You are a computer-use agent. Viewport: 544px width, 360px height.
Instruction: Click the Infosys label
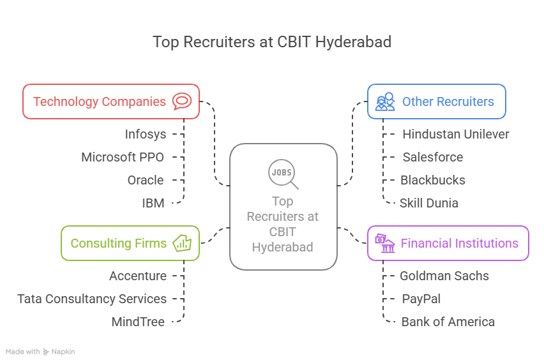[146, 134]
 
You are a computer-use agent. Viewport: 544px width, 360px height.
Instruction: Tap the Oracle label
[146, 180]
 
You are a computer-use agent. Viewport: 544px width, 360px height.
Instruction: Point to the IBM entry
[153, 203]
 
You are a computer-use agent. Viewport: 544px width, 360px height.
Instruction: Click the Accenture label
[138, 276]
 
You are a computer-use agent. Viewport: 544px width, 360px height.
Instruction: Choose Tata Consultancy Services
[92, 299]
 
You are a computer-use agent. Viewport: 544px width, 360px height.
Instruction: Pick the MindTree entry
[138, 322]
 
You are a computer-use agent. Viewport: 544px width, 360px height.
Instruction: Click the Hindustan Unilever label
[456, 134]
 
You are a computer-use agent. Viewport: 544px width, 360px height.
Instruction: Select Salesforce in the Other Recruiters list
[433, 157]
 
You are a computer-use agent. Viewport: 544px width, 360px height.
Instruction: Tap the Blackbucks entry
[433, 180]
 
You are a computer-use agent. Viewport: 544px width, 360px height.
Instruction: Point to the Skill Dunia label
[429, 203]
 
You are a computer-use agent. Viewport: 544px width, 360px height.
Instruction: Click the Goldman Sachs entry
[444, 276]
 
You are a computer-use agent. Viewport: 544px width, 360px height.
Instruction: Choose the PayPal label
[421, 299]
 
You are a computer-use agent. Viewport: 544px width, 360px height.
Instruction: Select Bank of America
[448, 322]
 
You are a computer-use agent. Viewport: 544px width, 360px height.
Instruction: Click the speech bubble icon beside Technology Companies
[182, 101]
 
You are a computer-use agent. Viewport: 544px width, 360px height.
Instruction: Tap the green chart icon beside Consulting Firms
[182, 243]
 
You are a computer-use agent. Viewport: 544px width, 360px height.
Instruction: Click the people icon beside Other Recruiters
[385, 101]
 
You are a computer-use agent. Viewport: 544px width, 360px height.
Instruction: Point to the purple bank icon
[384, 243]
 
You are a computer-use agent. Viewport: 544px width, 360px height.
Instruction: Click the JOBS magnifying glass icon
[283, 174]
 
